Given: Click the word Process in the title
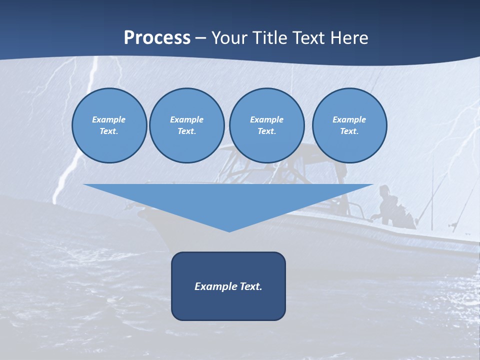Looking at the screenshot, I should tap(157, 38).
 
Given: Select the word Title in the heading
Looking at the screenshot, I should tap(269, 38).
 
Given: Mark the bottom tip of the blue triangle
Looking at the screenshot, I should tap(229, 230).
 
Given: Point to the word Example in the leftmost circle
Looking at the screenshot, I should tap(109, 119).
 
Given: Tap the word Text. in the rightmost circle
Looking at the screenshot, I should tap(349, 131).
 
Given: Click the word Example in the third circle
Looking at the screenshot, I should tap(266, 119).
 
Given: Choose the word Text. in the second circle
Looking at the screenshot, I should tap(187, 131).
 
